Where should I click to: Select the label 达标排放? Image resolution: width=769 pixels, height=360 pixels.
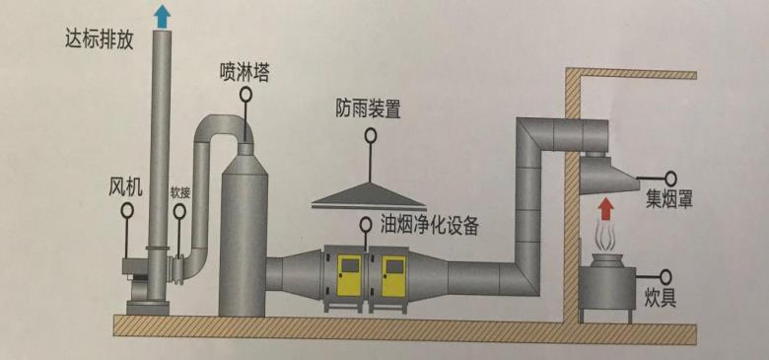(x=99, y=41)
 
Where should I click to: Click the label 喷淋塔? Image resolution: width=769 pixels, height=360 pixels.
(x=246, y=72)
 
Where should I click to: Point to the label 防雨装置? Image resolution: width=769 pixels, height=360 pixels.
(x=368, y=108)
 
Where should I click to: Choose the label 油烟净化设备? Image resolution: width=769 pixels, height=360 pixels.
(x=429, y=225)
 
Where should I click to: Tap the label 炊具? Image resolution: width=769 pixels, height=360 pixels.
(x=661, y=297)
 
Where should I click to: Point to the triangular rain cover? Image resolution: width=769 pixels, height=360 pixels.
(x=370, y=196)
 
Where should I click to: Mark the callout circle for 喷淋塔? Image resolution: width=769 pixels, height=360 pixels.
(x=245, y=97)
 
